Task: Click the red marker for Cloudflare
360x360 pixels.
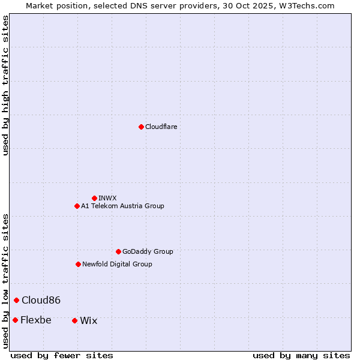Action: [141, 127]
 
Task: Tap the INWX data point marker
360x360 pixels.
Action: [94, 198]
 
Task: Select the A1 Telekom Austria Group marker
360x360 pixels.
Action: [77, 206]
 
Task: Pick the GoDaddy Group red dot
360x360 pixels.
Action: [118, 251]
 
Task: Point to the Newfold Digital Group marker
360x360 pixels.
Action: [78, 264]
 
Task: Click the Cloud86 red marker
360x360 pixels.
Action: [16, 300]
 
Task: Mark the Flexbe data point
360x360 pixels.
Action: [15, 320]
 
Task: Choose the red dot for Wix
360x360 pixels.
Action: [74, 320]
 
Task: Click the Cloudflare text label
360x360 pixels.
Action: [161, 127]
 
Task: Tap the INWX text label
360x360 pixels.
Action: [107, 198]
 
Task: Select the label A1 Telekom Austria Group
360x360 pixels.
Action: [122, 206]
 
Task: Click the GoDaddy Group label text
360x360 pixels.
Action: [148, 251]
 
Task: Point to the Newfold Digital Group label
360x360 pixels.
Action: [117, 264]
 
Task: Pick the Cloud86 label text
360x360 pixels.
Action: [41, 300]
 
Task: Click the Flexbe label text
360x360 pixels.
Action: [35, 320]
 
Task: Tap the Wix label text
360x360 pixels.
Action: [88, 320]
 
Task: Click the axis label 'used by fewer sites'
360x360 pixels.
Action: [62, 355]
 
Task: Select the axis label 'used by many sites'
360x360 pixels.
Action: [301, 355]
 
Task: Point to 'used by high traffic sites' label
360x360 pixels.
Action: [5, 85]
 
